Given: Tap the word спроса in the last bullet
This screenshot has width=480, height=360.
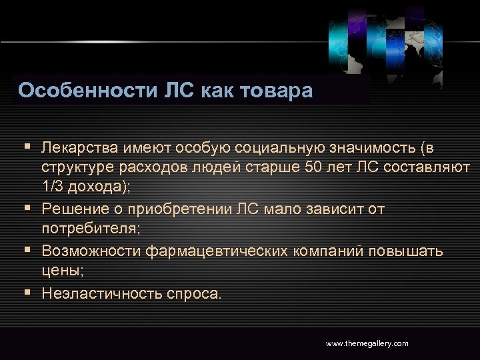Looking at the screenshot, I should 196,293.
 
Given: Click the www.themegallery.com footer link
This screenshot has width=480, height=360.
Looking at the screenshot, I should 367,343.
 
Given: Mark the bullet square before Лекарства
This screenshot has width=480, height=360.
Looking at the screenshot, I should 26,145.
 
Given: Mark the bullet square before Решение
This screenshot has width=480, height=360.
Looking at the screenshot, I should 26,209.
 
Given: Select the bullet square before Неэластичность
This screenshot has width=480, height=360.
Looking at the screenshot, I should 26,292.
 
